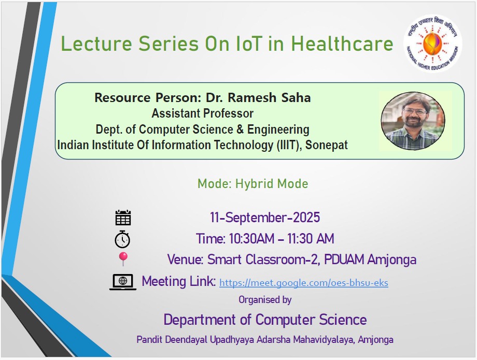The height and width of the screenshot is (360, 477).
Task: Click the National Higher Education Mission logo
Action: (432, 43)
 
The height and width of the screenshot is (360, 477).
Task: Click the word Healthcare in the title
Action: (342, 44)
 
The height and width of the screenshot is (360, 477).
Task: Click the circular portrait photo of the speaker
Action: (413, 121)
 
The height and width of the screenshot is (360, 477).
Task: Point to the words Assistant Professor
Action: (203, 113)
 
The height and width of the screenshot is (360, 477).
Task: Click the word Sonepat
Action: (327, 145)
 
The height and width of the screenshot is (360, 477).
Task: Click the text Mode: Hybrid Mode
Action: (253, 184)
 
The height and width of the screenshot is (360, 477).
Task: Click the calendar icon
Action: (123, 218)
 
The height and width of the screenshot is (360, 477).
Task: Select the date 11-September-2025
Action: (264, 218)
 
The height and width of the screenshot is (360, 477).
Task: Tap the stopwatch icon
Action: (122, 239)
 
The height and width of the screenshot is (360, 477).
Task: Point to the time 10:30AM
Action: (251, 238)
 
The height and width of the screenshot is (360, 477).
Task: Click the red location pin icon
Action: (123, 259)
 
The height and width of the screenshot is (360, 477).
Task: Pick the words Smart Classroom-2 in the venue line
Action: (262, 260)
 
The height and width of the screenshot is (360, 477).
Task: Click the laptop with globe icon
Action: (123, 282)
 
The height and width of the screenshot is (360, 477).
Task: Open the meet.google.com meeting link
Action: (304, 283)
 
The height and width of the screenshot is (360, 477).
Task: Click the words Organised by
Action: (265, 300)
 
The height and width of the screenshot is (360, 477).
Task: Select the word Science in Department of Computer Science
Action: (343, 320)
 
